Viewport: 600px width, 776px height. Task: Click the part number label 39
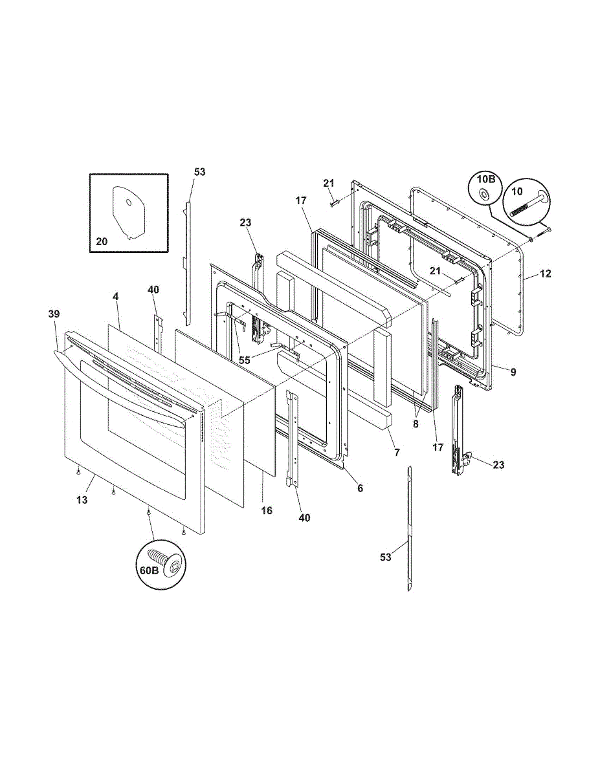point(54,314)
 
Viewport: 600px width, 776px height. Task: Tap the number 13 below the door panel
point(82,500)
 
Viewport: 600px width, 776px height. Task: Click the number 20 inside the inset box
point(102,242)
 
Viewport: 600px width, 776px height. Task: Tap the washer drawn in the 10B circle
point(485,194)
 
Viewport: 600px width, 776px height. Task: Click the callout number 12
point(546,274)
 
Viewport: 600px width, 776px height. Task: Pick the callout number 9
point(513,372)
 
